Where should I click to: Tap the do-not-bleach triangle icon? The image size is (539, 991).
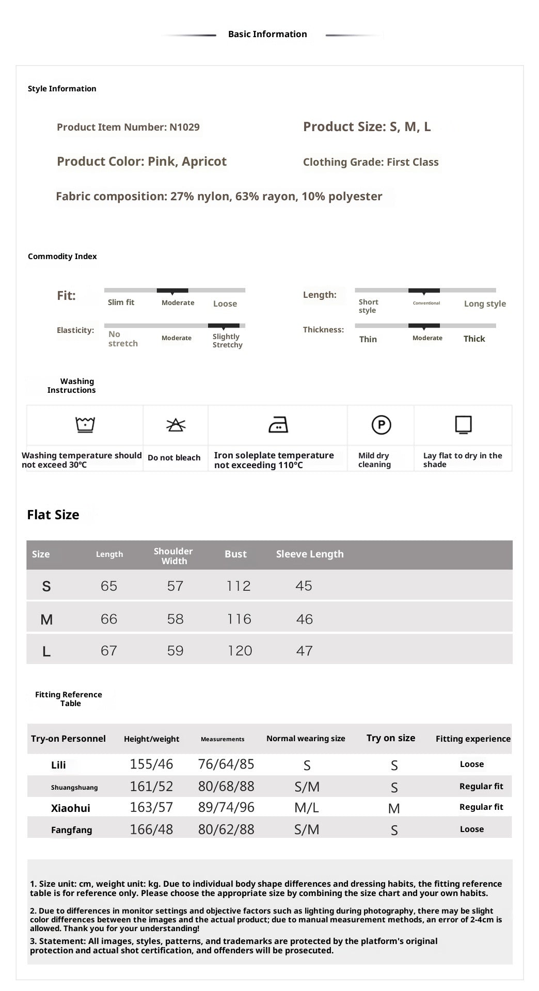[x=176, y=425]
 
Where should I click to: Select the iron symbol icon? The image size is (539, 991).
[x=278, y=425]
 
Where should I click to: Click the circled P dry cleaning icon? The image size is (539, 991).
[x=381, y=425]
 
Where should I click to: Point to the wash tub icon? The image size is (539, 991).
[x=85, y=424]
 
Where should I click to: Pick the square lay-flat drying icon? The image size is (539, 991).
[x=463, y=424]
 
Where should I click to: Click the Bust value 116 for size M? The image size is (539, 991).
[x=239, y=619]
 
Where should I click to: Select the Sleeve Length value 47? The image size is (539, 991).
[x=304, y=651]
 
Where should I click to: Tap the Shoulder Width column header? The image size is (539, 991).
[x=173, y=556]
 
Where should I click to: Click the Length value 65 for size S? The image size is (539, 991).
[x=109, y=586]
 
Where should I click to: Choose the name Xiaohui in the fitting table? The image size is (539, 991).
[x=71, y=808]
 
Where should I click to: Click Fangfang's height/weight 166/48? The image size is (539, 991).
[x=151, y=829]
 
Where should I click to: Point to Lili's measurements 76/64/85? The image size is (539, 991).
[x=226, y=764]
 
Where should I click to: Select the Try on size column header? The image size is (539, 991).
[x=391, y=738]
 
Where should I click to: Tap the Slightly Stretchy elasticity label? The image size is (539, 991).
[x=227, y=341]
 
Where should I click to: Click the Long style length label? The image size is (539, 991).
[x=485, y=303]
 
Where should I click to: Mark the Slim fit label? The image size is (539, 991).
[x=121, y=302]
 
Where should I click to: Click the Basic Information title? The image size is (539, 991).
[x=267, y=34]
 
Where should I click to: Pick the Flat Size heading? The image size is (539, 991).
[x=53, y=515]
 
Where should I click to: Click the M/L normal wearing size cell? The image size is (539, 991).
[x=307, y=808]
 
